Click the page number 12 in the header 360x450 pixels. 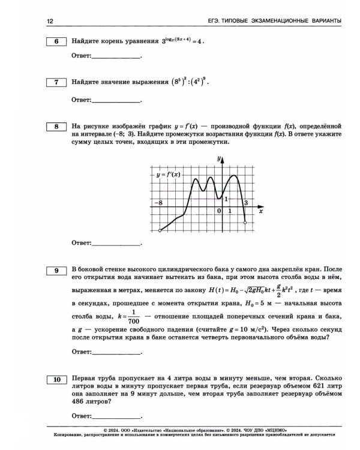click(50, 22)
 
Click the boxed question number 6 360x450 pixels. click(56, 42)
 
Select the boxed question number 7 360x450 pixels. click(56, 82)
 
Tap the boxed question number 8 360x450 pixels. click(56, 127)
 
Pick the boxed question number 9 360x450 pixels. click(56, 271)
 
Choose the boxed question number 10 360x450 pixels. click(56, 379)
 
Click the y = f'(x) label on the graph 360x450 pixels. click(169, 175)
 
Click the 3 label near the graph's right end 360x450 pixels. click(245, 203)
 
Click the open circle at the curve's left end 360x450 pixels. click(160, 230)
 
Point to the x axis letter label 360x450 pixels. click(260, 211)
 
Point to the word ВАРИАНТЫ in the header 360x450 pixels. click(325, 22)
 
